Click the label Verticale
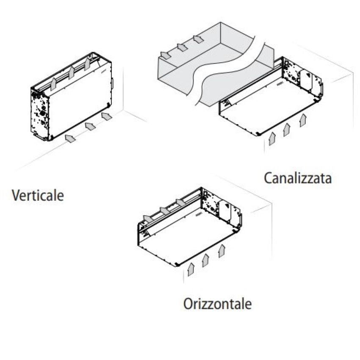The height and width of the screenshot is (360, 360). click(x=38, y=196)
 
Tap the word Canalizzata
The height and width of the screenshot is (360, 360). click(x=298, y=178)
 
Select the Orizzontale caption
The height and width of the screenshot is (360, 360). click(x=217, y=304)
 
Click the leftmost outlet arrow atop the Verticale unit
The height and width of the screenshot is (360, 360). click(x=53, y=83)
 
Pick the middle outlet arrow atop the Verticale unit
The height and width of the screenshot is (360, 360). click(x=72, y=73)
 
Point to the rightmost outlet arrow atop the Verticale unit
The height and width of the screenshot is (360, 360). click(x=87, y=64)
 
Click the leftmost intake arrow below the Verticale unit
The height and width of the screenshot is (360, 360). click(x=70, y=138)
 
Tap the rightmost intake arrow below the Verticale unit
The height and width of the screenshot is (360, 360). click(x=107, y=116)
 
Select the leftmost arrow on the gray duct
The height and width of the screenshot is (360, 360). click(x=165, y=55)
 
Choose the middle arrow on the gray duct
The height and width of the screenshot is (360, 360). click(x=183, y=47)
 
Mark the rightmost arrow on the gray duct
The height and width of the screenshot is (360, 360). click(x=199, y=39)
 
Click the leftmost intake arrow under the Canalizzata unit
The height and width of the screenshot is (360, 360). click(x=272, y=138)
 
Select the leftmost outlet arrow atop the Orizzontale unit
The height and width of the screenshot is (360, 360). click(x=148, y=219)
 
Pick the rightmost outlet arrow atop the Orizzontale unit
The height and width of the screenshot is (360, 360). click(x=181, y=202)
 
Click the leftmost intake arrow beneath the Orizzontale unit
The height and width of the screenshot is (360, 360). click(x=191, y=269)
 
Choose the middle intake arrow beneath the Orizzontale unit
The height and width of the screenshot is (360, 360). click(x=206, y=260)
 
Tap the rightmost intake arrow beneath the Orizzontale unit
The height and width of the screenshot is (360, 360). click(x=222, y=251)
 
